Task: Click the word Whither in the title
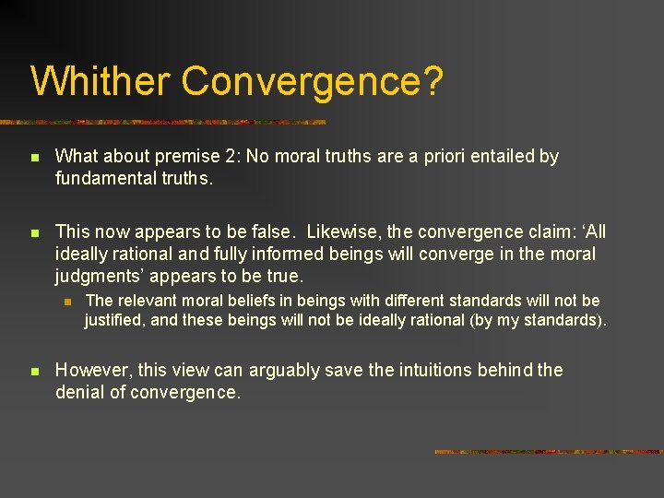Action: [x=100, y=81]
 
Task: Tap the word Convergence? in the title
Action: [x=313, y=81]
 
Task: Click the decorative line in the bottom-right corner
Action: [x=548, y=452]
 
